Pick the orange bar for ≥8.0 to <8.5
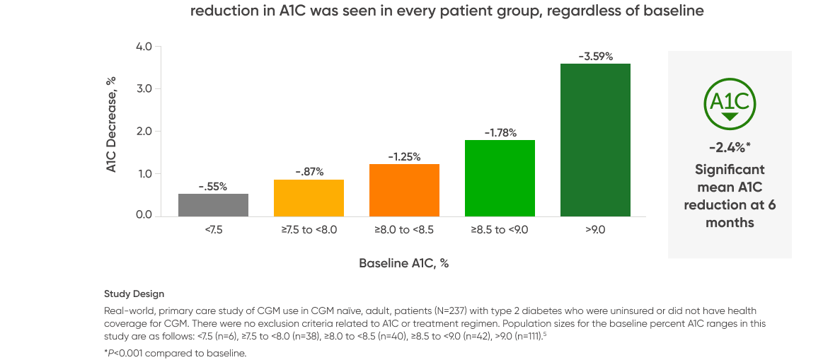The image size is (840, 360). [404, 190]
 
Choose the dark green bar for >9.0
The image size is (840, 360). [595, 139]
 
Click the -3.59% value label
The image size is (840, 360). [595, 56]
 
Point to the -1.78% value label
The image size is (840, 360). [500, 132]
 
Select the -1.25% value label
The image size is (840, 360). [404, 156]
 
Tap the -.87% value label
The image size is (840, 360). [309, 171]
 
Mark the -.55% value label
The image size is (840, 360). [213, 186]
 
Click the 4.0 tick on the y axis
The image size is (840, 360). [144, 47]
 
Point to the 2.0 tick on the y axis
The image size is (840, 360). [144, 132]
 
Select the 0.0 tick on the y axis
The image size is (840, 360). [144, 216]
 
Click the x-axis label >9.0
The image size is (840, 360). [595, 230]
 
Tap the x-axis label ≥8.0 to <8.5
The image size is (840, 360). [404, 230]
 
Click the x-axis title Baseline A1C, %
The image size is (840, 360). [404, 263]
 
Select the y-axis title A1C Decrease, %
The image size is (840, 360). [111, 132]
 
